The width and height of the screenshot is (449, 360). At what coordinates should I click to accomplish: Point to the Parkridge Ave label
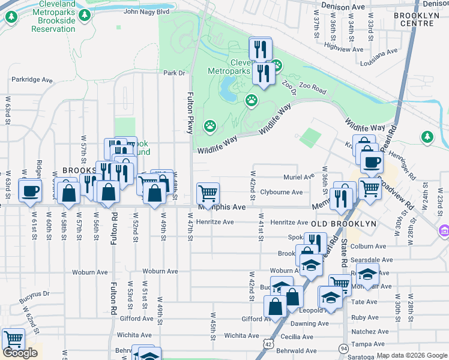pyautogui.click(x=32, y=80)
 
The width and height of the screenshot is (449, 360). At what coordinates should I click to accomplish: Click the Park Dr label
pyautogui.click(x=175, y=73)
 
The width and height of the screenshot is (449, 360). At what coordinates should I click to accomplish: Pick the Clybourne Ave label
pyautogui.click(x=282, y=192)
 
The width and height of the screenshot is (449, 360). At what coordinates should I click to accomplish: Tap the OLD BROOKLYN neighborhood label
pyautogui.click(x=343, y=223)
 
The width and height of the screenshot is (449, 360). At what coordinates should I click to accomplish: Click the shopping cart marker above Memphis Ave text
pyautogui.click(x=208, y=193)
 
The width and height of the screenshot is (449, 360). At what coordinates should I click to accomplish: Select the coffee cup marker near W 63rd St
pyautogui.click(x=29, y=191)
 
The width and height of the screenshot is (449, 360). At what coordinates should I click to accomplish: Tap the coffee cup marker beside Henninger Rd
pyautogui.click(x=371, y=161)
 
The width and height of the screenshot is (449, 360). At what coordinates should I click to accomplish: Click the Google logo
pyautogui.click(x=20, y=353)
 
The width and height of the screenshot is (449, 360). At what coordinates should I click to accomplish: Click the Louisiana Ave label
pyautogui.click(x=379, y=52)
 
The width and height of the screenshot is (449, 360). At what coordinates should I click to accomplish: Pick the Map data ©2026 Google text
pyautogui.click(x=411, y=355)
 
